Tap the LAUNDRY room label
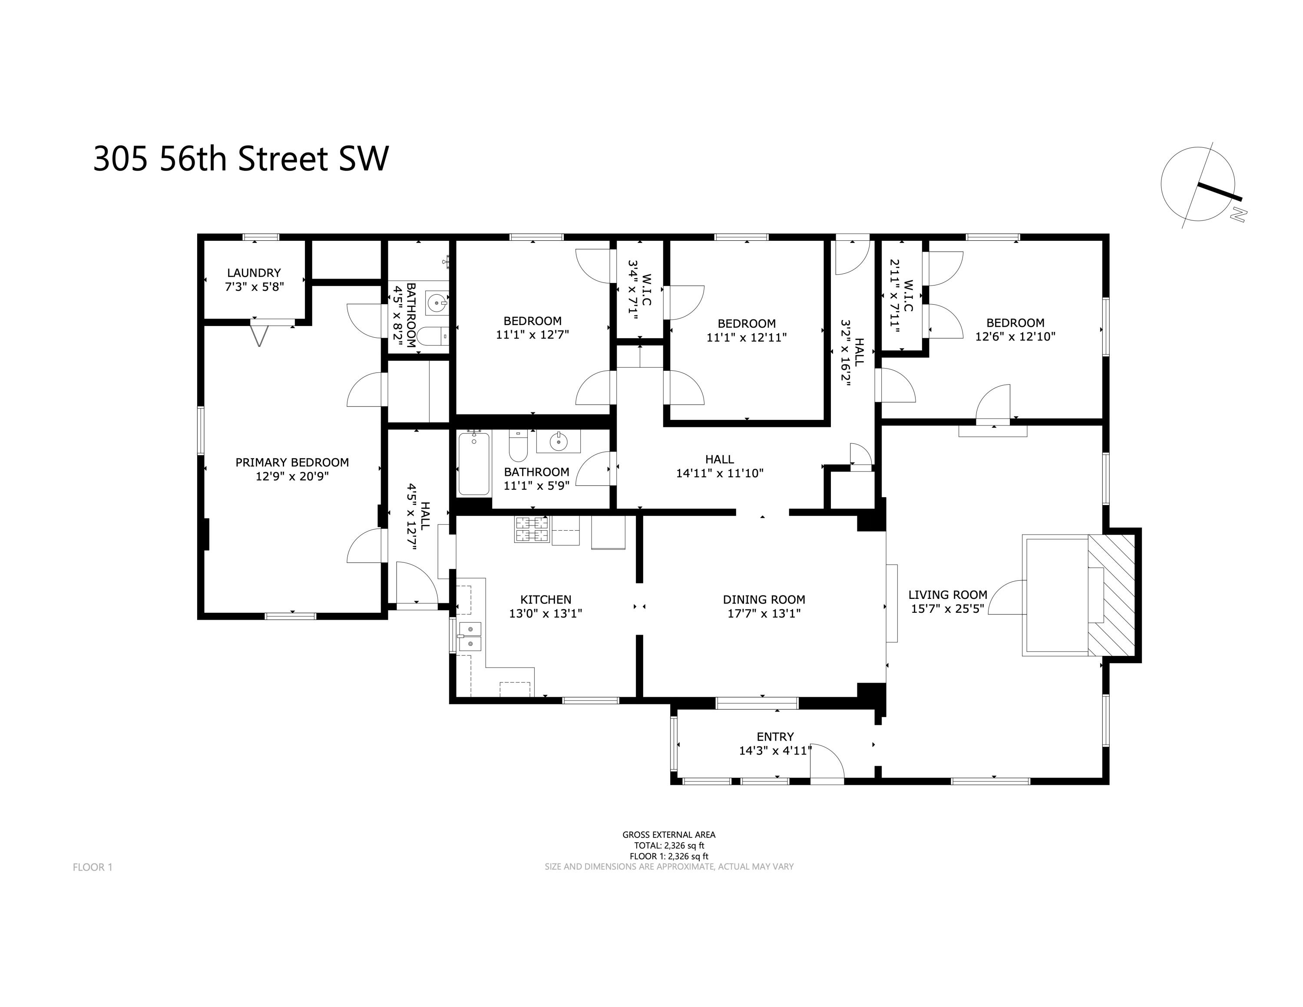point(254,273)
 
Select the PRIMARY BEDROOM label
point(292,462)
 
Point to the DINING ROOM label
point(764,599)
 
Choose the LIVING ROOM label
point(947,595)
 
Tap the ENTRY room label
point(775,737)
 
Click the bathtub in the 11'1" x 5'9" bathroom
point(474,464)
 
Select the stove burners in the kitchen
point(532,529)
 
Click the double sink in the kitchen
point(470,637)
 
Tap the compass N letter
point(1239,214)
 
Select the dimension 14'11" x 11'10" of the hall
point(720,473)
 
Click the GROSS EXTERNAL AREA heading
point(669,835)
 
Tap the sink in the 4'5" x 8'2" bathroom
point(437,302)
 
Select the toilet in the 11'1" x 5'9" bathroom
point(518,446)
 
